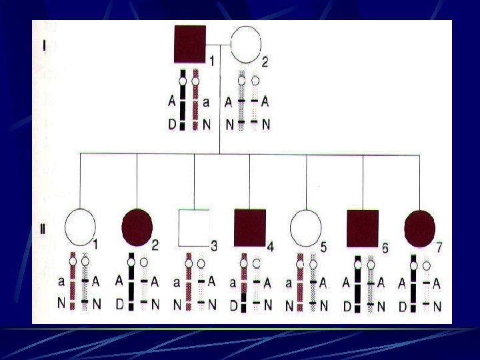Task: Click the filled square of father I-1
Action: point(190,43)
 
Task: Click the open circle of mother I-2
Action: point(246,43)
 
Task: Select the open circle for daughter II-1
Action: point(80,227)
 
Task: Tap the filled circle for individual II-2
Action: point(137,227)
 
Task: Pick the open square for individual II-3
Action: point(194,228)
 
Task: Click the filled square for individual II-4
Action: point(250,227)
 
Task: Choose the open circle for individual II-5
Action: point(306,227)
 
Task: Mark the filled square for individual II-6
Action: point(363,227)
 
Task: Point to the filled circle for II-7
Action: point(419,227)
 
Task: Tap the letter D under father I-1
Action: point(173,124)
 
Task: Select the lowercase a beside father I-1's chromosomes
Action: point(206,102)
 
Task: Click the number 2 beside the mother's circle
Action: point(265,63)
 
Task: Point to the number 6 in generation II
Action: point(385,247)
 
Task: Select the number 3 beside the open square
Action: point(213,246)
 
